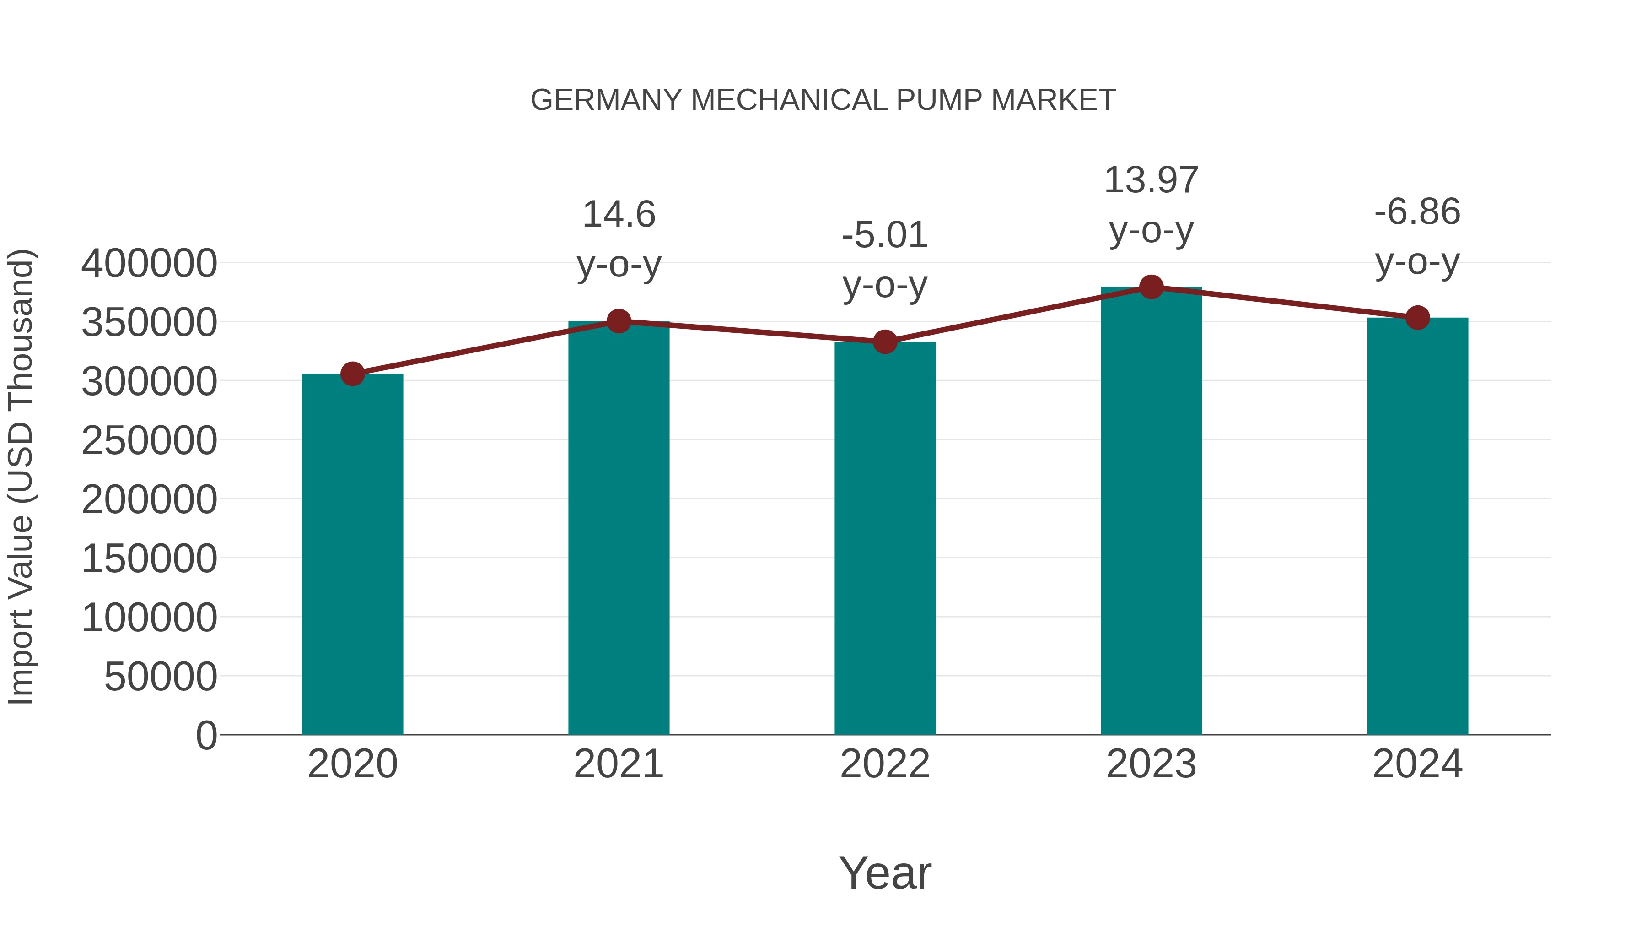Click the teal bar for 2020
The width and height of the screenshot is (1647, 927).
pyautogui.click(x=352, y=554)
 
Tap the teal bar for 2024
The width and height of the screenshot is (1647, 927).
pyautogui.click(x=1417, y=526)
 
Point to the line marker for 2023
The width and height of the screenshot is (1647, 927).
pyautogui.click(x=1152, y=287)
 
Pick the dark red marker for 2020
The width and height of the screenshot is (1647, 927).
pyautogui.click(x=352, y=374)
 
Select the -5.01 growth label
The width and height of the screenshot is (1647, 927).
pyautogui.click(x=885, y=235)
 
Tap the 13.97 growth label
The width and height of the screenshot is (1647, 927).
pyautogui.click(x=1151, y=180)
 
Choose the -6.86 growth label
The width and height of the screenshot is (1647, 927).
pyautogui.click(x=1417, y=212)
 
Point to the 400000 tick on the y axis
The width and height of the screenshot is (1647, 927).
pyautogui.click(x=149, y=264)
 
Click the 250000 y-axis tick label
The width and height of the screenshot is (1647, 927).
pyautogui.click(x=149, y=441)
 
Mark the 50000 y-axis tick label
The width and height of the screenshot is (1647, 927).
pyautogui.click(x=161, y=677)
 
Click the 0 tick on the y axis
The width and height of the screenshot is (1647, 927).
pyautogui.click(x=206, y=735)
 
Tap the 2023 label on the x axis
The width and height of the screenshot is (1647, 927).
pyautogui.click(x=1151, y=764)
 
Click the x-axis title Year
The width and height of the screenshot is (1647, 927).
pyautogui.click(x=885, y=873)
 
